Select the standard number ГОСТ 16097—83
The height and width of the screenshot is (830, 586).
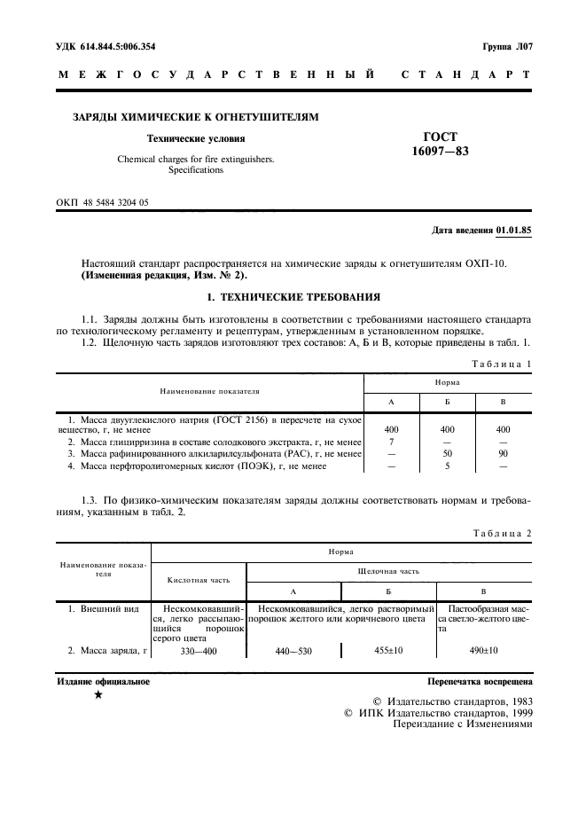(x=440, y=145)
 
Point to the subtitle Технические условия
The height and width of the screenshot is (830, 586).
(x=196, y=138)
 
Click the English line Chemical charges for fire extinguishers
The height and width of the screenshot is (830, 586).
(x=196, y=160)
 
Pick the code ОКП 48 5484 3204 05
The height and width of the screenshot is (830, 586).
(x=103, y=202)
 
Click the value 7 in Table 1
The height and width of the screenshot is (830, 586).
(x=391, y=441)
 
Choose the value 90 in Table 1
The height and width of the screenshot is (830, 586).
(x=503, y=453)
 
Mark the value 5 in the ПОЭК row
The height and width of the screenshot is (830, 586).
(x=448, y=466)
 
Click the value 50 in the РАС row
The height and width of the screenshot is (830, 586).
(x=448, y=453)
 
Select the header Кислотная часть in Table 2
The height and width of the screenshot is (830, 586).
(x=199, y=580)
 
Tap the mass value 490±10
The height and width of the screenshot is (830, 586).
(x=481, y=650)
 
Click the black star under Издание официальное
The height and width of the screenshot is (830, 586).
(x=98, y=696)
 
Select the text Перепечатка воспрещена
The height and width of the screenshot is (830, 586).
(x=480, y=683)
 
